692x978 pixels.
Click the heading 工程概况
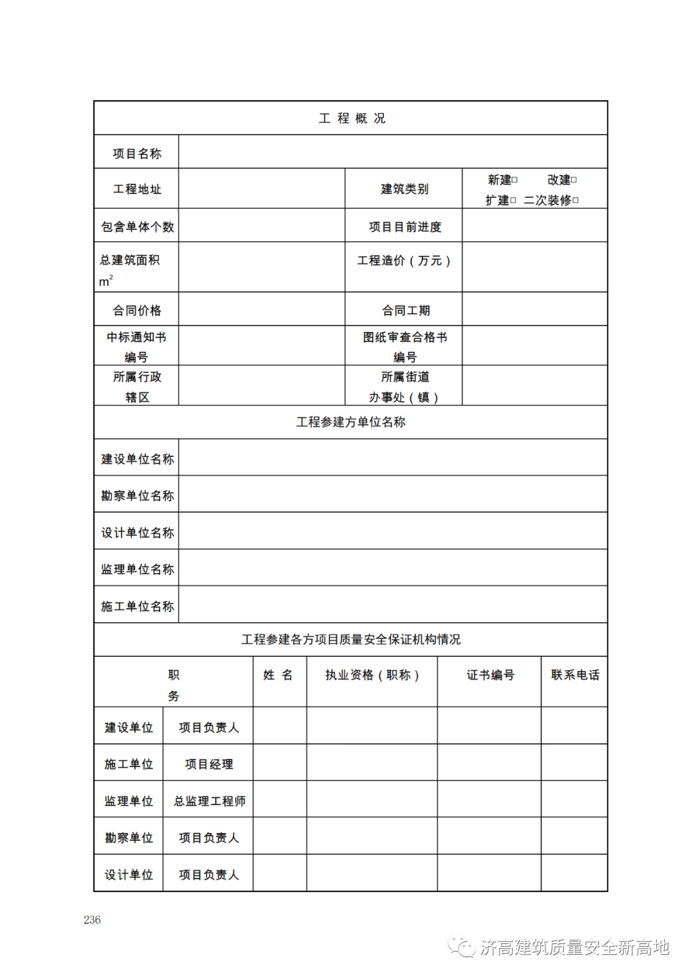click(352, 119)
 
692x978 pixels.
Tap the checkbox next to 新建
click(515, 180)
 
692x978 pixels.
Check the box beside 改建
click(574, 180)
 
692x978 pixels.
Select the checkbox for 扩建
click(513, 201)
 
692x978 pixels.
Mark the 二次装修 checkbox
click(575, 201)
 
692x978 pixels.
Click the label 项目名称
click(136, 154)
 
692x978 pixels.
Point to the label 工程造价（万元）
click(404, 261)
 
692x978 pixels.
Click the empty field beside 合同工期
click(534, 310)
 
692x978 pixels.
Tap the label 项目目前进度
click(404, 227)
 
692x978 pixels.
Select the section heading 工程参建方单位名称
click(350, 422)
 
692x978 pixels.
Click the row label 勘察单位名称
click(137, 496)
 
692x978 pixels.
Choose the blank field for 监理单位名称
click(392, 568)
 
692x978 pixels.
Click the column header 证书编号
click(490, 675)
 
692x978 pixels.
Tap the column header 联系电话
click(575, 675)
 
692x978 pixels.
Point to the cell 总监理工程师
click(209, 801)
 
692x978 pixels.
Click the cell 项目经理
click(209, 764)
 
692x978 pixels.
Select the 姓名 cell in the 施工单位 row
click(279, 763)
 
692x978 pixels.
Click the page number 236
click(92, 920)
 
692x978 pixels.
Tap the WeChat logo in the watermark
click(461, 947)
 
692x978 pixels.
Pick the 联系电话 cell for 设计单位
click(574, 873)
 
